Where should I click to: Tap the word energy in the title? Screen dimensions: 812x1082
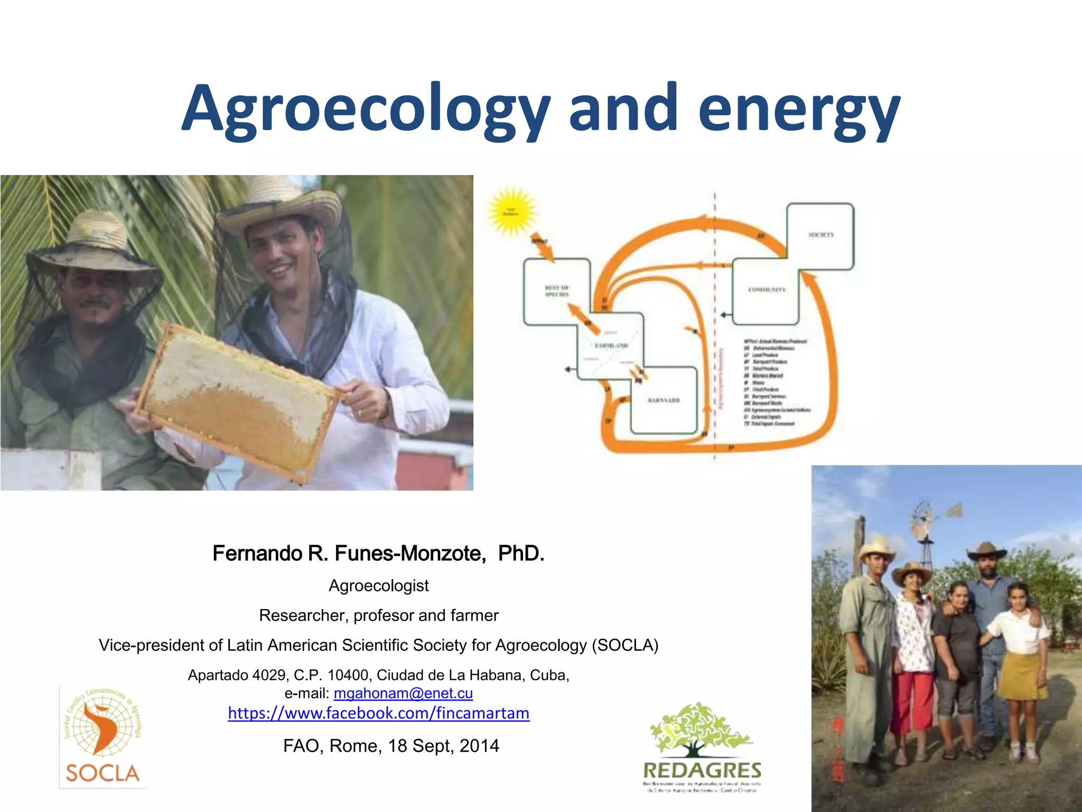[x=799, y=108]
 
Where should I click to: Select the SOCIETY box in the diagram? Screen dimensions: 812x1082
[x=820, y=235]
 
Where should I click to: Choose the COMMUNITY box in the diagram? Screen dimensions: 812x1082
[x=766, y=291]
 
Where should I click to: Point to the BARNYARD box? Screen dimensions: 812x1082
[x=664, y=401]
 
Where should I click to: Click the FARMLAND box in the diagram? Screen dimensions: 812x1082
[x=611, y=346]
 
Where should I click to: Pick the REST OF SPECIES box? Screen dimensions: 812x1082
[x=556, y=291]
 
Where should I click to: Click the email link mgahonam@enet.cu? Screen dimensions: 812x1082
[x=403, y=693]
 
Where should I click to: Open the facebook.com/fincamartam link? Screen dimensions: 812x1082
[x=378, y=713]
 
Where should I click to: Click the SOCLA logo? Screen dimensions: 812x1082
[x=102, y=737]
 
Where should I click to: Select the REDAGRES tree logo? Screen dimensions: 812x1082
[x=702, y=745]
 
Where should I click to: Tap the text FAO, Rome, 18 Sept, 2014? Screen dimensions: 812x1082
[x=391, y=745]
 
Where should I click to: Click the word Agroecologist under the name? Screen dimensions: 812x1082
[x=378, y=586]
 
